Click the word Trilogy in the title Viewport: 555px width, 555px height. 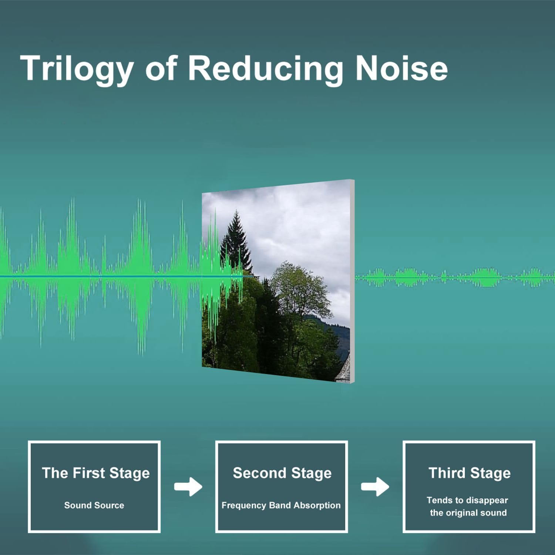(77, 69)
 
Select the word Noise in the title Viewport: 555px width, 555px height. (402, 68)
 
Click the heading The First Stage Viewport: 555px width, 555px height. (96, 473)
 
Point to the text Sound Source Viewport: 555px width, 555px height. (94, 505)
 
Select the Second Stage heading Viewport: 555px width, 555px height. (282, 473)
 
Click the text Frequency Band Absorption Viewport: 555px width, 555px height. (281, 505)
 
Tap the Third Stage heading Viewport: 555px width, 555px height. (470, 473)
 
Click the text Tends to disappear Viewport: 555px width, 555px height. (467, 501)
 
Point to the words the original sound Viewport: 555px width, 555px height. (468, 513)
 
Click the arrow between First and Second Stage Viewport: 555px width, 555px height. (188, 487)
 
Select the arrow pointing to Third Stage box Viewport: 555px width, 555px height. (375, 487)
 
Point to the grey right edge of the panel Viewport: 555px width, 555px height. (352, 281)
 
